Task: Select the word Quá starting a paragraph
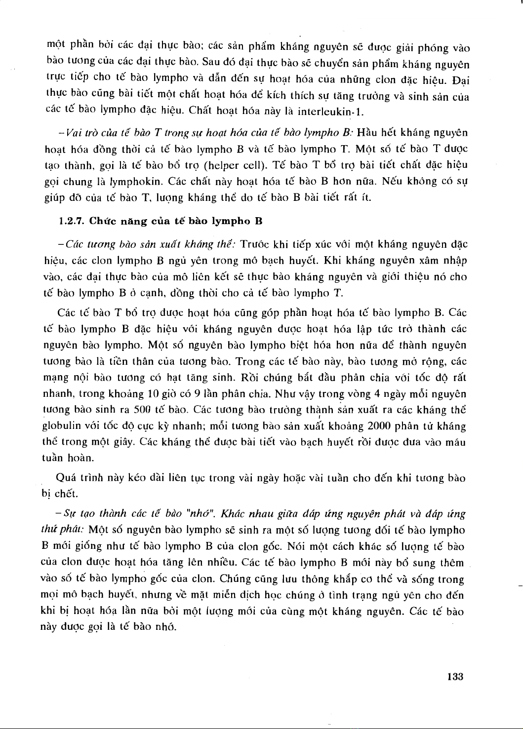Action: point(66,478)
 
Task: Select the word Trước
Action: point(254,244)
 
